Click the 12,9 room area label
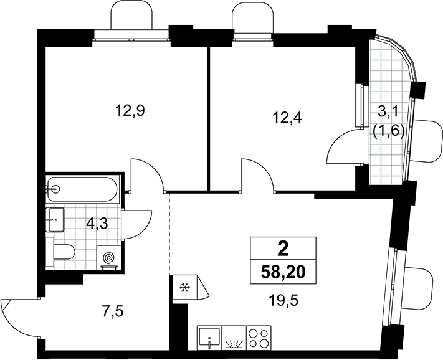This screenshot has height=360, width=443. [130, 111]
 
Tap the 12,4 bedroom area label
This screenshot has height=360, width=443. [287, 118]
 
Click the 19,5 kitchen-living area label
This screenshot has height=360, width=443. [283, 301]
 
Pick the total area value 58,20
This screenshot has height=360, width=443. [283, 272]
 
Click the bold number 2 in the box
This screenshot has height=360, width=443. [283, 249]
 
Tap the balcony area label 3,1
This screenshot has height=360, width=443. [388, 113]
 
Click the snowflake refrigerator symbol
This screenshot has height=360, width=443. [185, 287]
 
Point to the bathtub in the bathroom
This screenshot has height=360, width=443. [82, 189]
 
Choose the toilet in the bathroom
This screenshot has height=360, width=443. [60, 252]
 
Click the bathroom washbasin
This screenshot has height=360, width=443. [55, 220]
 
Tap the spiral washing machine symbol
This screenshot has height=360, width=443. [109, 258]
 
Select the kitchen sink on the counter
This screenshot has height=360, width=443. [209, 338]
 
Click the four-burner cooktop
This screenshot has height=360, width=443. [259, 338]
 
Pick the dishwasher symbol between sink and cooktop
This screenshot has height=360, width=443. [234, 338]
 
